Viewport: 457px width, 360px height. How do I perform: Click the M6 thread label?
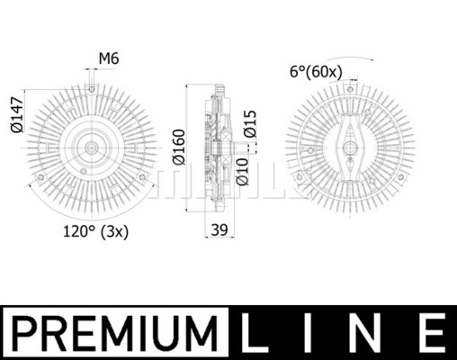pos(109,58)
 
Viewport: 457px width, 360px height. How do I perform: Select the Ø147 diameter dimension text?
pos(17,114)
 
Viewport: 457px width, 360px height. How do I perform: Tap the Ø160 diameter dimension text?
pos(179,147)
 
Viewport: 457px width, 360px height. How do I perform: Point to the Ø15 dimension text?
pos(250,124)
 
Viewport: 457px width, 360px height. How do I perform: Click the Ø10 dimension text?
pos(242,172)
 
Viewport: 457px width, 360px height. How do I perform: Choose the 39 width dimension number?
pos(220,229)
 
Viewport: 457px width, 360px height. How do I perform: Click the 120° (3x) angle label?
pos(95,231)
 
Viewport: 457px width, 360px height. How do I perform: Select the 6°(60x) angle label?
pos(316,72)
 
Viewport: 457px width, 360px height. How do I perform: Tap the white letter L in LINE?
pos(254,333)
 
